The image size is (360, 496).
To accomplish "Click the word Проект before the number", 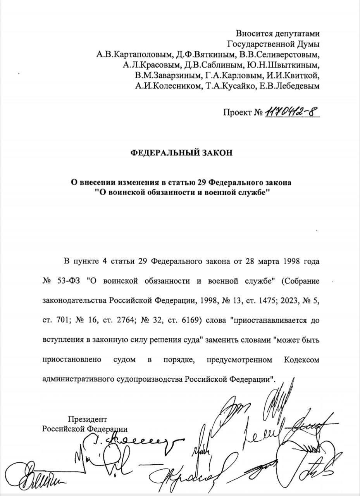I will click(237, 113).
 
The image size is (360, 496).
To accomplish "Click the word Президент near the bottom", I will click(87, 419).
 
